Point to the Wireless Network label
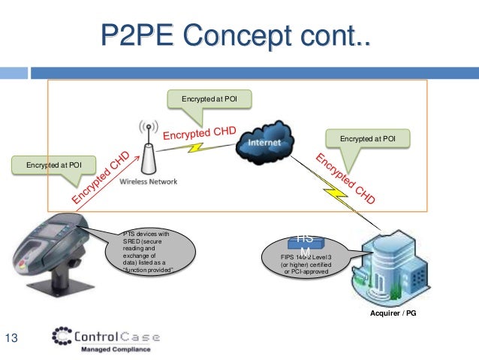[152, 181]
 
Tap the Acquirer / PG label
[390, 312]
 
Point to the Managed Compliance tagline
[115, 349]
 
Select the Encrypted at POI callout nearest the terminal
[54, 163]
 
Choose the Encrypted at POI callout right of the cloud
[368, 138]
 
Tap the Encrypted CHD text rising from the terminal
[102, 178]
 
